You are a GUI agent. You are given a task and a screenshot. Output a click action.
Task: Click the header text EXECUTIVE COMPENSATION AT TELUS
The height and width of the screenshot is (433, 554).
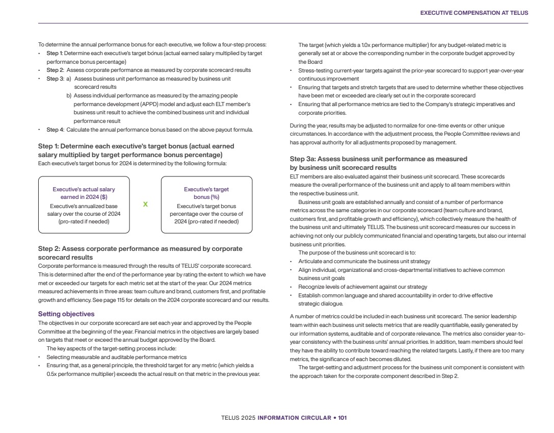474,13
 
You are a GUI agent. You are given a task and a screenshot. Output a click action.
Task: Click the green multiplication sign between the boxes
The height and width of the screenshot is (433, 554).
145,204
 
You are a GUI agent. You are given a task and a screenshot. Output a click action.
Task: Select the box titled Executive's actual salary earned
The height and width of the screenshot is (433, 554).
84,205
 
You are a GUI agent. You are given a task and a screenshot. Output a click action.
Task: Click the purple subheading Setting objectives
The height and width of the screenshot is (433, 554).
66,314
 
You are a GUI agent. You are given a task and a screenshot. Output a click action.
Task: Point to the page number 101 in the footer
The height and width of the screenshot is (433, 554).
342,418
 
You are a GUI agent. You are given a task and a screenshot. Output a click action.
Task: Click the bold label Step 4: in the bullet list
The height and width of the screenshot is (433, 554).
55,130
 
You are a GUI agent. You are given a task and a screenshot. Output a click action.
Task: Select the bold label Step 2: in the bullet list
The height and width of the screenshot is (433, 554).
55,70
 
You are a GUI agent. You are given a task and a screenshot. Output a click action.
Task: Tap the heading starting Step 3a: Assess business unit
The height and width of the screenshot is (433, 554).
378,159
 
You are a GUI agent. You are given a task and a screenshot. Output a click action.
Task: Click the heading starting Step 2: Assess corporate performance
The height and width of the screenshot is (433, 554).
140,249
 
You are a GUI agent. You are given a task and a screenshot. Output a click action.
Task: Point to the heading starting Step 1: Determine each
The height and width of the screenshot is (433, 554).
136,146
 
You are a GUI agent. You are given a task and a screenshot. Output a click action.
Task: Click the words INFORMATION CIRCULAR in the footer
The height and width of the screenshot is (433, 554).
294,418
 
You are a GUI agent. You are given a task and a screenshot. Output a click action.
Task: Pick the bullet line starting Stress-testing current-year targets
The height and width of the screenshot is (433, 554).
411,70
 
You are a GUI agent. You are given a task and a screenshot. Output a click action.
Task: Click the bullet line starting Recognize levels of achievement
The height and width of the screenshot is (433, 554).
362,287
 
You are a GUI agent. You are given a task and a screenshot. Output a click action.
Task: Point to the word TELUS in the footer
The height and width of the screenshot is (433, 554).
229,418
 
